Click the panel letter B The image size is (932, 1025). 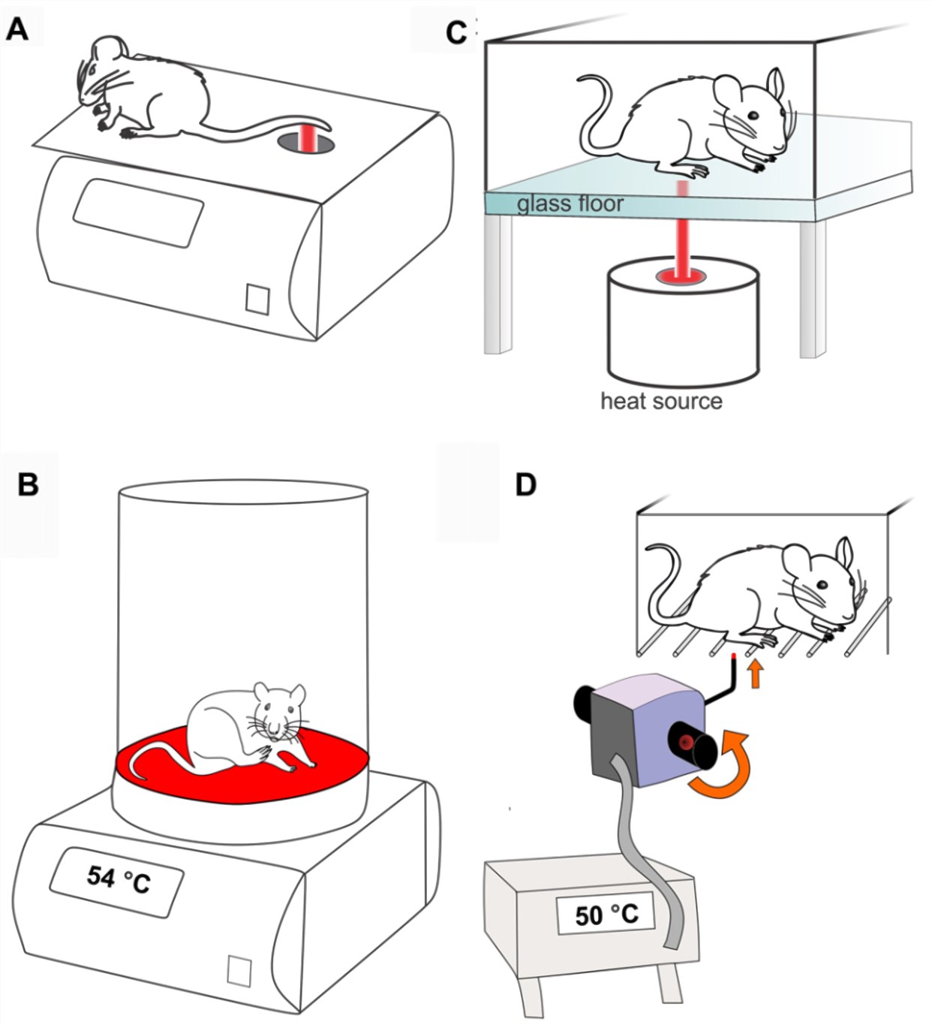(28, 484)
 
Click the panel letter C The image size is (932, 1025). (455, 33)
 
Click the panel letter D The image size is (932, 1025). (525, 484)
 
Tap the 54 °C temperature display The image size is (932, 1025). (119, 879)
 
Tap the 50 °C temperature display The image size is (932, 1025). (606, 915)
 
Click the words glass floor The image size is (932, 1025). (570, 204)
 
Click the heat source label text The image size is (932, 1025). (661, 401)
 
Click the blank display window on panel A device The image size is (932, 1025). (138, 212)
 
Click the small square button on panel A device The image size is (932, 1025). (257, 299)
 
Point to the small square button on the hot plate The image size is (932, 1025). (239, 969)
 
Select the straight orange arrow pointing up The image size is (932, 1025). (756, 673)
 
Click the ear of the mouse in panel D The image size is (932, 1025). (846, 553)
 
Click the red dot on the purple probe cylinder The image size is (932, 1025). (684, 743)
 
